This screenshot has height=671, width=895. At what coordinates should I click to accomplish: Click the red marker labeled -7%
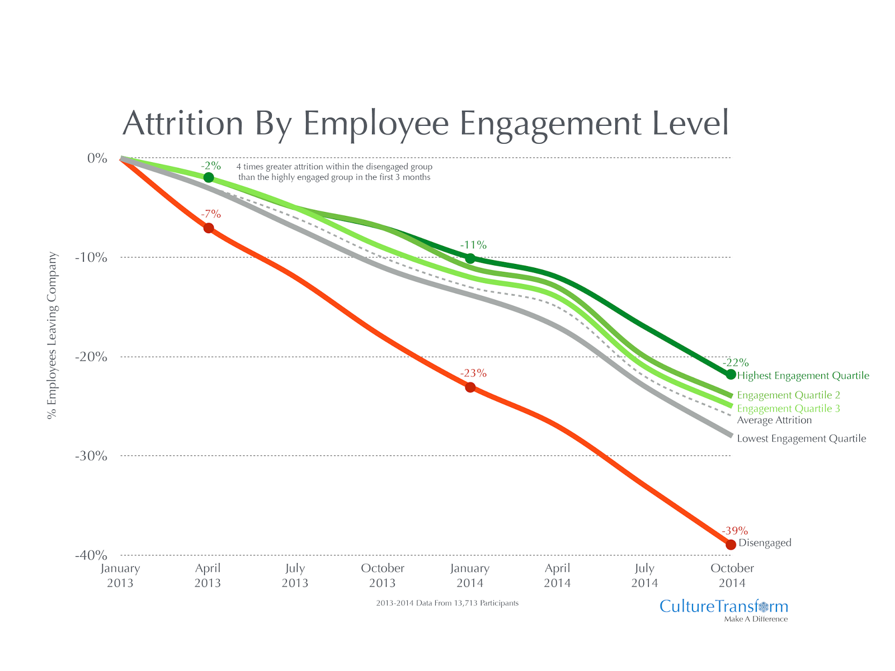click(x=209, y=228)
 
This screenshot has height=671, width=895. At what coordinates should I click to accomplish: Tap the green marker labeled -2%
click(x=209, y=177)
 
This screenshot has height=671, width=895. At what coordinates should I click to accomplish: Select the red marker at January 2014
click(x=470, y=387)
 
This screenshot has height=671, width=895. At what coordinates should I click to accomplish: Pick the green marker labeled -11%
click(x=470, y=258)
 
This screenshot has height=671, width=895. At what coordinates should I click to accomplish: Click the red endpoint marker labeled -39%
click(x=731, y=545)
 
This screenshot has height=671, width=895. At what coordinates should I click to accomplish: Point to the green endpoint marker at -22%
click(x=731, y=374)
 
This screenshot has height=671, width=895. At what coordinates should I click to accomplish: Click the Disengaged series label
click(x=765, y=543)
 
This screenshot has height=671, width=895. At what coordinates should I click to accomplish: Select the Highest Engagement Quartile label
click(x=803, y=376)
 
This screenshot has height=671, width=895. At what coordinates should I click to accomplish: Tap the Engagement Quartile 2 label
click(x=788, y=395)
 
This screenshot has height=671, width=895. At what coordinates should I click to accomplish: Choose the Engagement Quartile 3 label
click(x=788, y=409)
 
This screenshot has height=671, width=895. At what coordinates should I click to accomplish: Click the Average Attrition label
click(x=774, y=420)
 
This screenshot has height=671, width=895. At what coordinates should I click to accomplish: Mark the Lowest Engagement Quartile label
click(x=801, y=439)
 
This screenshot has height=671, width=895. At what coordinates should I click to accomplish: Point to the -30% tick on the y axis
click(x=91, y=456)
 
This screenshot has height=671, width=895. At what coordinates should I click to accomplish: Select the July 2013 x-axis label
click(x=295, y=575)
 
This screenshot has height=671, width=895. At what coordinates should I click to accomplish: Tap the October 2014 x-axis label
click(x=732, y=575)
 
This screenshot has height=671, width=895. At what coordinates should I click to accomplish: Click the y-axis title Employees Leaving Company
click(x=53, y=335)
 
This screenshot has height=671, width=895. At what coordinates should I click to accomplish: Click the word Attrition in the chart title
click(x=183, y=124)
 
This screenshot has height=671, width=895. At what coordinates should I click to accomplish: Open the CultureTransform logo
click(x=723, y=607)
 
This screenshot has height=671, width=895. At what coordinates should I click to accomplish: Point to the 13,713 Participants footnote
click(x=447, y=603)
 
